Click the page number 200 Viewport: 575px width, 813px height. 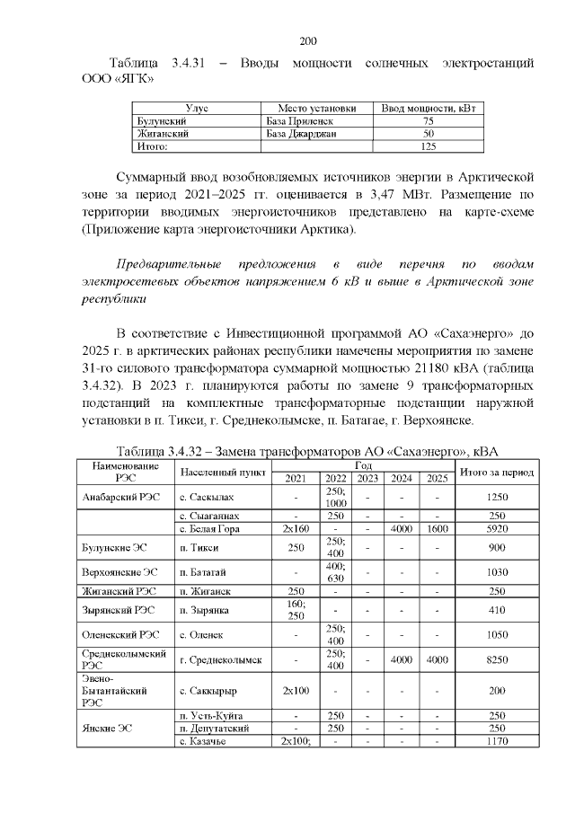point(308,41)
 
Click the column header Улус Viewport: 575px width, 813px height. point(196,108)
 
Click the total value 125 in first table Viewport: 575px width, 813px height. point(428,146)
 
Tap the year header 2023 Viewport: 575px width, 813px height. point(367,478)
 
